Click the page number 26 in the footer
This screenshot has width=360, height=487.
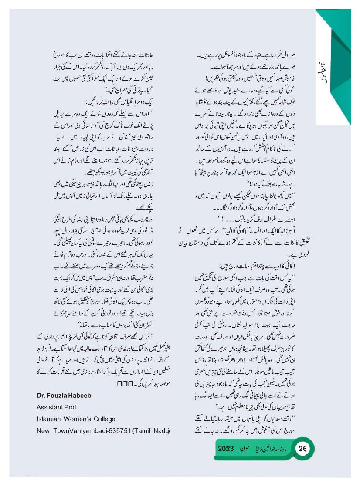(303, 449)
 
